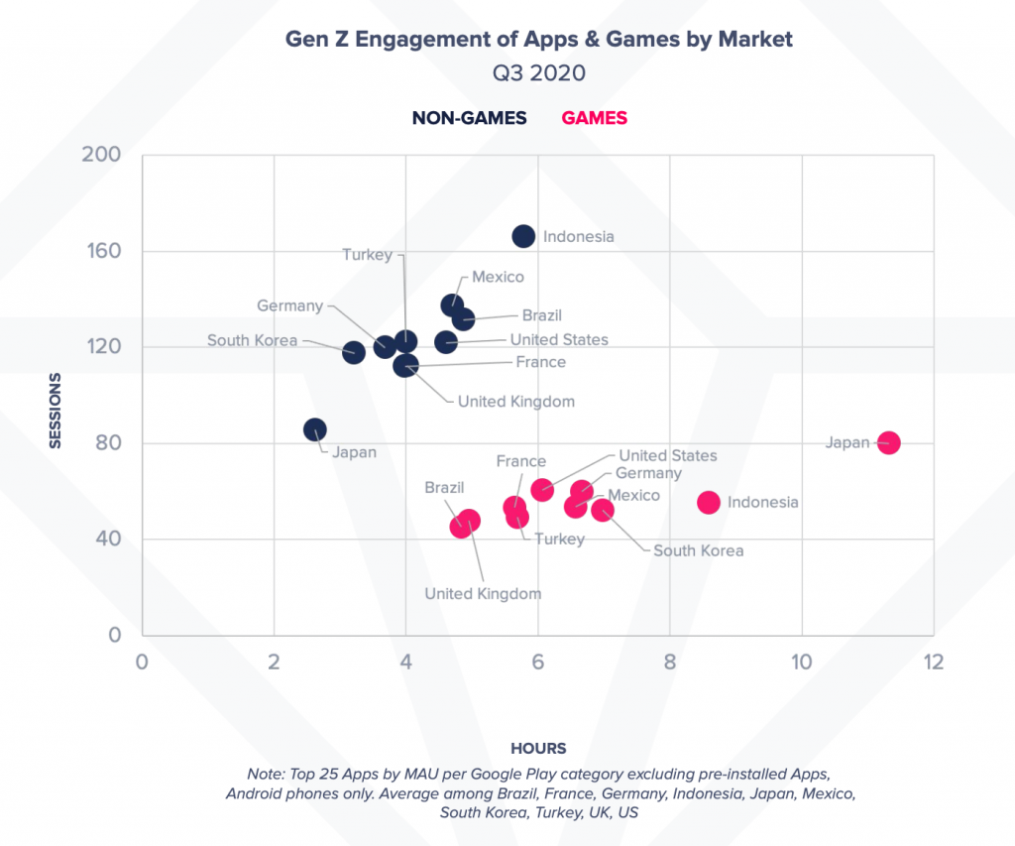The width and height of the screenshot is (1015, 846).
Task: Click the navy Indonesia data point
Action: point(523,236)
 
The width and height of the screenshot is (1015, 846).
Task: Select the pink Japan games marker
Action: point(888,442)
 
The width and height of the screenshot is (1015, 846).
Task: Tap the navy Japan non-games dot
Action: point(315,429)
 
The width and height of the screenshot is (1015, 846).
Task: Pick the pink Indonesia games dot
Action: point(708,502)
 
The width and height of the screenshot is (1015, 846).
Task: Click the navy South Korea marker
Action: point(354,352)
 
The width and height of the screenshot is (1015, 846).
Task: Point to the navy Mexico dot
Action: point(452,305)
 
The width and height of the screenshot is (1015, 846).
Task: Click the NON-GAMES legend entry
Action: point(469,118)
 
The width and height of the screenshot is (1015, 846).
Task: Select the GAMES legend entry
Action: point(594,118)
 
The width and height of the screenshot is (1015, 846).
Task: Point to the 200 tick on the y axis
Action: point(101,155)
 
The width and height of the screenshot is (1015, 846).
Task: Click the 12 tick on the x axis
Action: point(932,662)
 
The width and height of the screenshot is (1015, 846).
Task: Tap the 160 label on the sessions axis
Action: point(101,251)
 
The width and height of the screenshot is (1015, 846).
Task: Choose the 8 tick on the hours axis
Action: point(669,662)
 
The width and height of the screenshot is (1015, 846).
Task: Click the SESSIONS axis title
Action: point(56,411)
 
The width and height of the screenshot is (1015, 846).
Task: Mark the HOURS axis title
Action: point(538,748)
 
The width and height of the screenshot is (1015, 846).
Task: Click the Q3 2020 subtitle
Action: point(538,72)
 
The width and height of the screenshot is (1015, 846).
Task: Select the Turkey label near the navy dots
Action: point(367,255)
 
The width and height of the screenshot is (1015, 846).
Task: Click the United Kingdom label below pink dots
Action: point(483,593)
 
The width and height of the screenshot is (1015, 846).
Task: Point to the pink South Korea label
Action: point(698,550)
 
